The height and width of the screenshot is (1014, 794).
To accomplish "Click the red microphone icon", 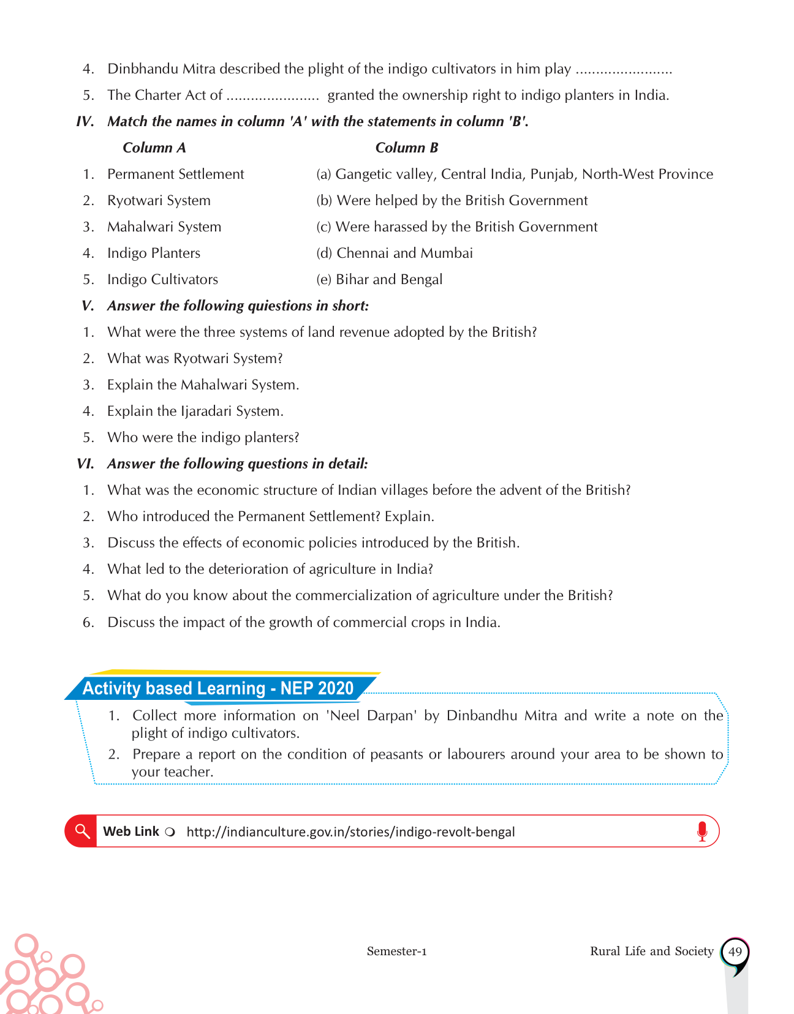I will tap(702, 831).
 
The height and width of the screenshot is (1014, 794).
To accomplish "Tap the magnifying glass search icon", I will tap(81, 831).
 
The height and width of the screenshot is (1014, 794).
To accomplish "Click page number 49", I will tap(735, 952).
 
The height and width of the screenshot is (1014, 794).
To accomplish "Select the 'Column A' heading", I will tap(154, 148).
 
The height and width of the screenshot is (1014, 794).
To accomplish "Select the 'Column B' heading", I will tap(407, 148).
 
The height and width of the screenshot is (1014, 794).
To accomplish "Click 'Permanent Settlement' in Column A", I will tap(175, 174).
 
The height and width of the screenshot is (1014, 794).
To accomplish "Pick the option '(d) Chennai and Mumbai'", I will tap(395, 253).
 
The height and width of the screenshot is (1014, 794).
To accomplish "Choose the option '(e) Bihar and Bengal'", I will tap(379, 279).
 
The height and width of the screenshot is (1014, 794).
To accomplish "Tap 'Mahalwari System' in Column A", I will tap(164, 227).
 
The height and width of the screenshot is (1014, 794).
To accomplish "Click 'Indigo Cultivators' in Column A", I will tap(162, 279).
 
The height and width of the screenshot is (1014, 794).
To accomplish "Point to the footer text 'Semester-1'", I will tap(396, 951).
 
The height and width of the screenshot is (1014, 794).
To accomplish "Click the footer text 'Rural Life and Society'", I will tap(651, 951).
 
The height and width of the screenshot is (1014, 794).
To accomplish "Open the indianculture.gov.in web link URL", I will tap(350, 832).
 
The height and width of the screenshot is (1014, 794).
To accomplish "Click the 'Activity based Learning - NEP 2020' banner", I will tap(218, 688).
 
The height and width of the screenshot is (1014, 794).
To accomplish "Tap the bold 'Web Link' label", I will tap(131, 831).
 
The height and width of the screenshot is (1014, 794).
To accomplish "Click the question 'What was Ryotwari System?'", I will tap(195, 358).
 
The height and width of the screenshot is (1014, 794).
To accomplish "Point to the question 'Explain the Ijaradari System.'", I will tap(195, 411).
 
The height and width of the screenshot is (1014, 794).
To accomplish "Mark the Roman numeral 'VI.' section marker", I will tap(85, 464).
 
